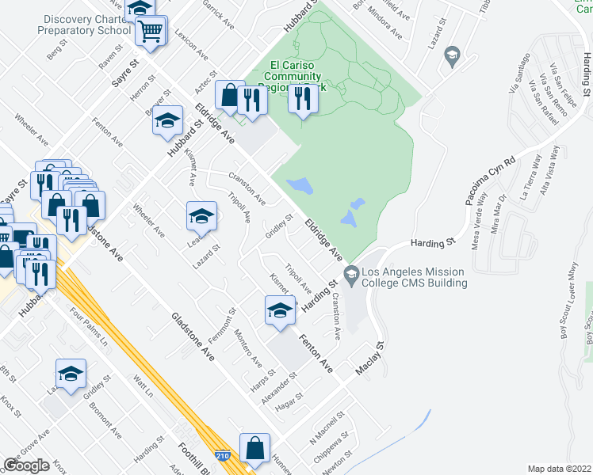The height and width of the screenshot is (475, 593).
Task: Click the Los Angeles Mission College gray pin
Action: [x=351, y=275]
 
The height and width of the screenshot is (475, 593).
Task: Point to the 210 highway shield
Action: [x=224, y=456]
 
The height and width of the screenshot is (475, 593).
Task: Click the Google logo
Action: [x=27, y=465]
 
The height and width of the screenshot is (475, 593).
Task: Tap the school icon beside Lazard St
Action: [x=201, y=216]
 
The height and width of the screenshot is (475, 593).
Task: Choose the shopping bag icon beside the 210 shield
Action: [x=255, y=448]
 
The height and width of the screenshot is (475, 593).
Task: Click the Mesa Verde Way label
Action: [x=479, y=228]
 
